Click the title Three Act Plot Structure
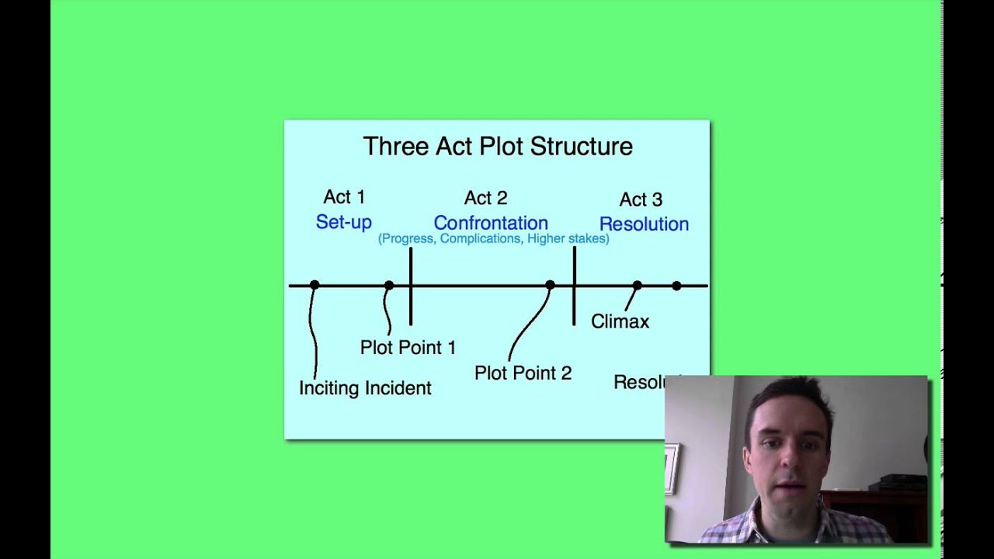click(498, 147)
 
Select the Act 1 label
click(344, 197)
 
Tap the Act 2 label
click(485, 198)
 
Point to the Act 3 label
click(641, 200)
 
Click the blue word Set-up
click(343, 222)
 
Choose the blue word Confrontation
click(491, 223)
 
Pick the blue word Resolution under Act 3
click(644, 224)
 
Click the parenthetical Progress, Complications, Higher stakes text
click(493, 239)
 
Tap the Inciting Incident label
click(365, 388)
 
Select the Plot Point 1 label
click(408, 348)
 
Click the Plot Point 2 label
click(523, 373)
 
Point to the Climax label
click(620, 321)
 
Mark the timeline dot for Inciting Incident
click(314, 286)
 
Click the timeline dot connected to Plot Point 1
click(388, 286)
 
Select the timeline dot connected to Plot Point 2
click(550, 286)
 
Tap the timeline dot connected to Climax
click(637, 286)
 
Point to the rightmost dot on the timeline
click(676, 286)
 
